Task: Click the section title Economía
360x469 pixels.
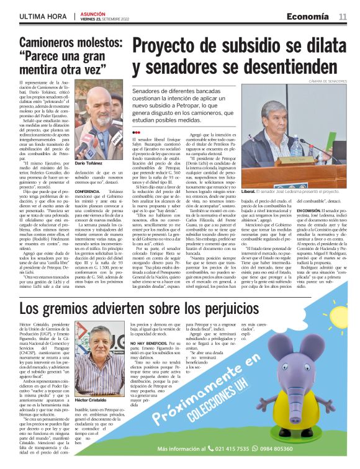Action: click(313, 17)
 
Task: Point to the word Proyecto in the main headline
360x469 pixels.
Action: click(179, 48)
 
